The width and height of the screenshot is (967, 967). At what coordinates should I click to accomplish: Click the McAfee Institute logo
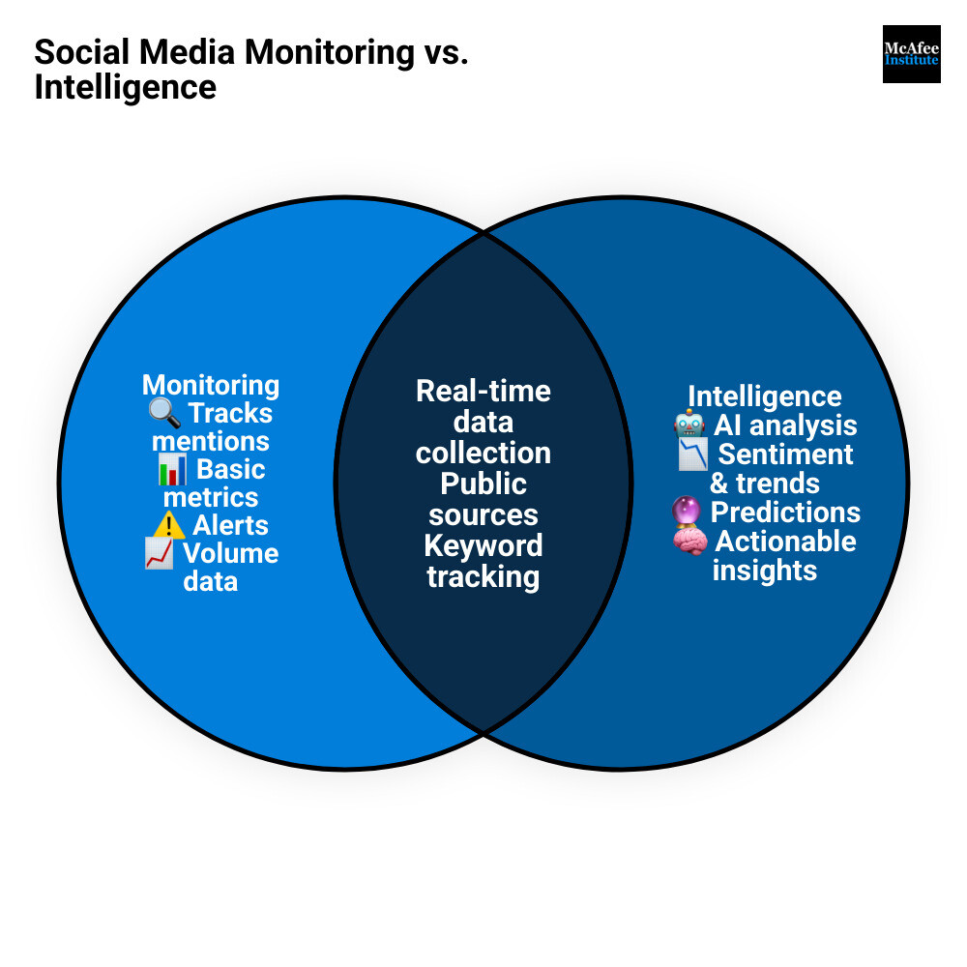coord(912,54)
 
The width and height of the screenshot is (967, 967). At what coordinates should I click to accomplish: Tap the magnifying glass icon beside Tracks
coord(164,413)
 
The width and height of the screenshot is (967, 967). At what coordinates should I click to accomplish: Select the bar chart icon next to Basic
coord(172,469)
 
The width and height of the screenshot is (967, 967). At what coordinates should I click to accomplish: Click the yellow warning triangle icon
coord(169,525)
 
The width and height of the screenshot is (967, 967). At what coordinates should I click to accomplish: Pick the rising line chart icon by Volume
coord(160,553)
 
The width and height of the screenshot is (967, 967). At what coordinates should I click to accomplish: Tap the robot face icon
coord(689,425)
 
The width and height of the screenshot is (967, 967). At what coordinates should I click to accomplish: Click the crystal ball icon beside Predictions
coord(687,512)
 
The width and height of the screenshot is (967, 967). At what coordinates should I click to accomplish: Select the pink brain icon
coord(690,541)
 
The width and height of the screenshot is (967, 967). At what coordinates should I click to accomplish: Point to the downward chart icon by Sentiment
coord(693,454)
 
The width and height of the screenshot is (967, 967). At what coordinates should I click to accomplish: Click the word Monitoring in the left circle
coord(211,385)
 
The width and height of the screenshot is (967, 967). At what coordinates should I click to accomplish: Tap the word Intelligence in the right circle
coord(765,396)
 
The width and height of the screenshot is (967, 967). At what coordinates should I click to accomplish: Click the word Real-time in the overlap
coord(483,391)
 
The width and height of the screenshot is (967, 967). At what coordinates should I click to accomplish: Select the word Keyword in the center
coord(483,545)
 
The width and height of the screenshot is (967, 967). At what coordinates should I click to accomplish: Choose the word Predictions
coord(785,513)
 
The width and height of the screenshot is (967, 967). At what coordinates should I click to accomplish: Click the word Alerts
coord(231,525)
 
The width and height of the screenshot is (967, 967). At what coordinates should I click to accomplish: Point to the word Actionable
coord(785,542)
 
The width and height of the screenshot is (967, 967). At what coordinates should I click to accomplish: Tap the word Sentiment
coord(785,454)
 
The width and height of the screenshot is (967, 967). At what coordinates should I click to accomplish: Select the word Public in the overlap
coord(483,484)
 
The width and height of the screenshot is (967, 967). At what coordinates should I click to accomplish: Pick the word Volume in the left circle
coord(231,554)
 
